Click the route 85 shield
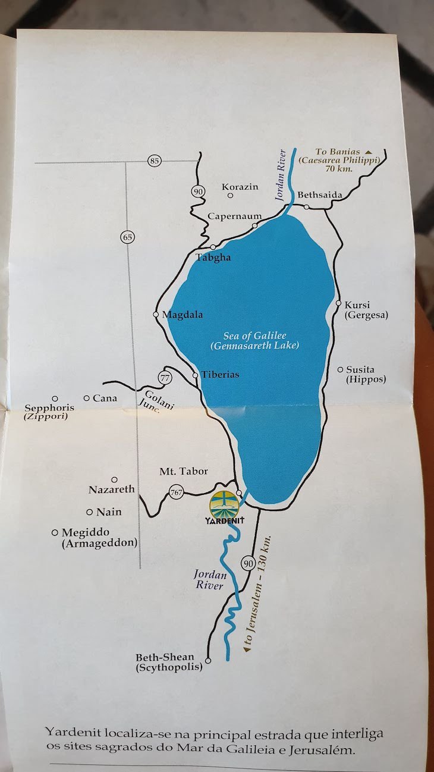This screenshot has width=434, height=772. click(155, 161)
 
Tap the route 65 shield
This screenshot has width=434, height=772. click(127, 237)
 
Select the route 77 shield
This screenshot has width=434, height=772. click(165, 377)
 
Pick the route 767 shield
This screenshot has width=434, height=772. click(176, 492)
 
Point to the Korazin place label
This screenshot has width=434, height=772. click(240, 187)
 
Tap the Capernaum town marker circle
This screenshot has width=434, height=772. click(254, 225)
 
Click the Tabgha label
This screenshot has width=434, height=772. click(213, 258)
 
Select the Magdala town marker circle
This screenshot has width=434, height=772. click(156, 314)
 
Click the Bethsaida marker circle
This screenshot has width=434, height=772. click(306, 206)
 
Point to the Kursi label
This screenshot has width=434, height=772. click(357, 305)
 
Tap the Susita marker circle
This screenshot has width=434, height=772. click(340, 369)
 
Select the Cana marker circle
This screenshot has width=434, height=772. click(87, 398)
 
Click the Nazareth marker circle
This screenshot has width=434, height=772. click(114, 479)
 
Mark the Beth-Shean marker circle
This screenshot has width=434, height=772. click(208, 661)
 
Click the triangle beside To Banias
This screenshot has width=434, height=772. click(368, 152)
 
